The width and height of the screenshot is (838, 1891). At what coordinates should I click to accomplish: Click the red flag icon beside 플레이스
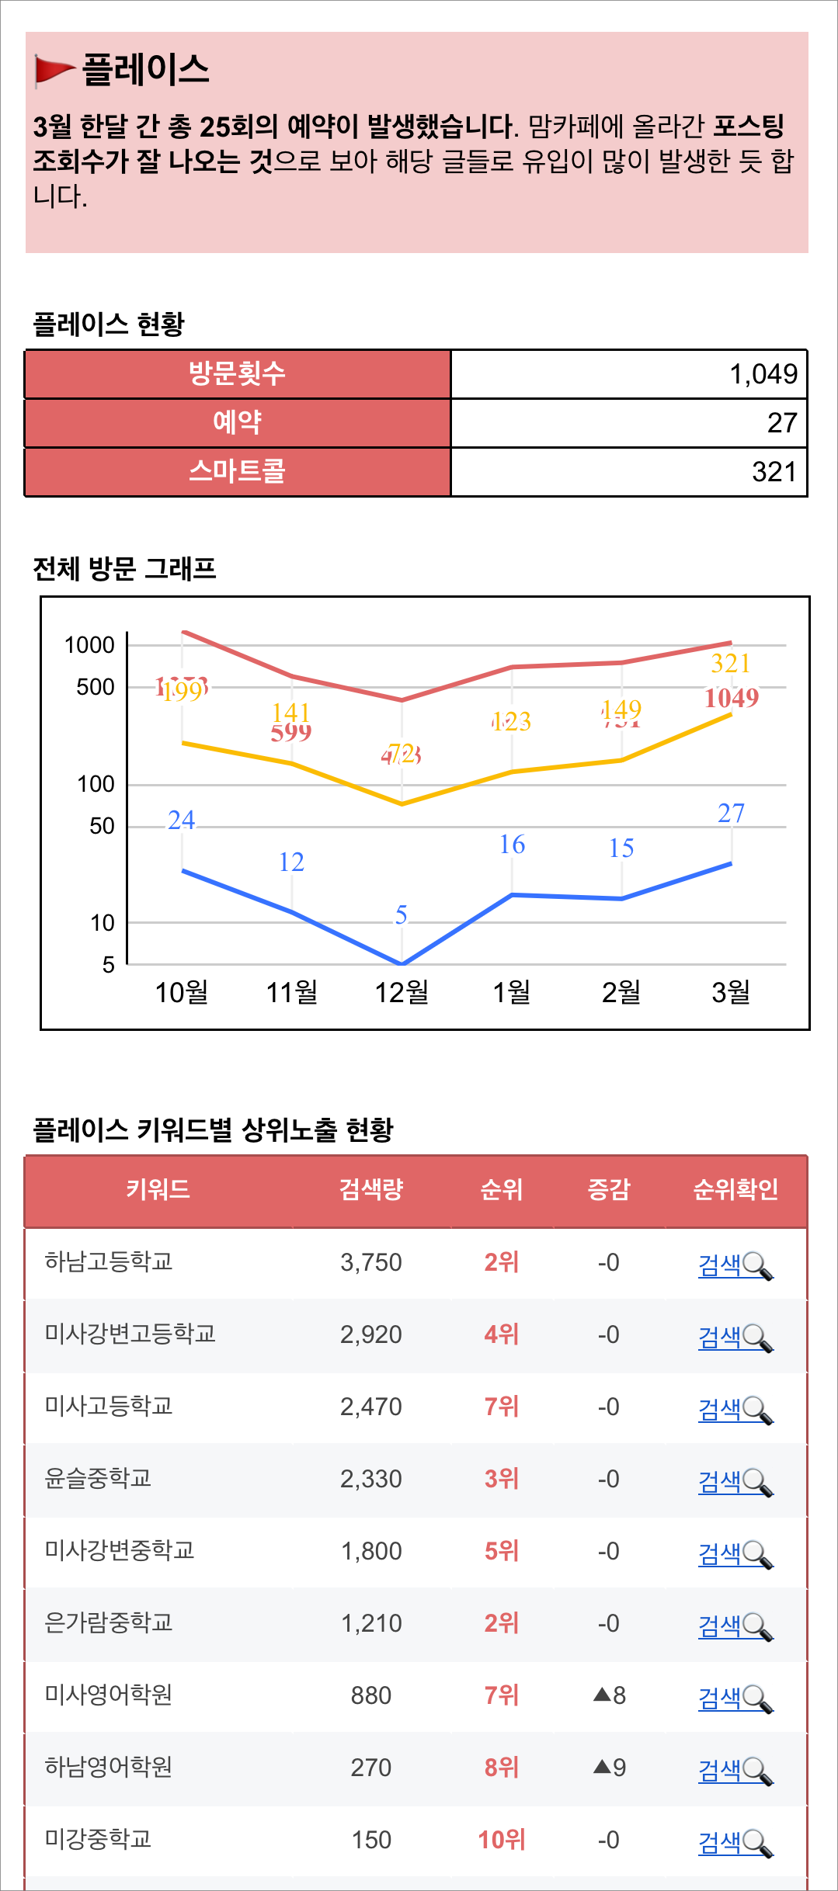coord(54,70)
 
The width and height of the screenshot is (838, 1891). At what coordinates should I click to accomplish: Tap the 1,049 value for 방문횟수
coord(763,374)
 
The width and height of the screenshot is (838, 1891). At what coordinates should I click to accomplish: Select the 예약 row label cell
coord(238,423)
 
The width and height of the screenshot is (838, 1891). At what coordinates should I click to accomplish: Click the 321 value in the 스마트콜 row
coord(774,472)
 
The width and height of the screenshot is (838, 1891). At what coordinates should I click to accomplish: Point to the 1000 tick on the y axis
coord(89,645)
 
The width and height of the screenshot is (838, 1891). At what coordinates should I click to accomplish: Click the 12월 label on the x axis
coord(402,992)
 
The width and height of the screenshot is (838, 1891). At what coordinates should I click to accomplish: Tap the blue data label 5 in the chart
coord(402,914)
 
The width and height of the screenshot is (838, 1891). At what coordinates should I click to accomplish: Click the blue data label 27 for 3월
coord(731,813)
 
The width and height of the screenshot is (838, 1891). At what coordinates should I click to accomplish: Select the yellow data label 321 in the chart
coord(730,663)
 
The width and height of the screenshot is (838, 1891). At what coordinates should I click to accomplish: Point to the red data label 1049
coord(731,698)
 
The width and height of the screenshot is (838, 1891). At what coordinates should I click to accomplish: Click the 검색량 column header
coord(370,1189)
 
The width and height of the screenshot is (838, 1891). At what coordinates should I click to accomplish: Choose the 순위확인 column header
coord(735,1189)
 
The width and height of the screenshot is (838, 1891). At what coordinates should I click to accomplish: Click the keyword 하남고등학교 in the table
coord(109,1261)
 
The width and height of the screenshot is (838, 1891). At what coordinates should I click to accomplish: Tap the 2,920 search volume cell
coord(370,1334)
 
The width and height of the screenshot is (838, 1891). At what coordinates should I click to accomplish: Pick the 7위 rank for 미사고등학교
coord(501,1407)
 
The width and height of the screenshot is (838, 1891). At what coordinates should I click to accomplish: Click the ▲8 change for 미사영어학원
coord(610,1695)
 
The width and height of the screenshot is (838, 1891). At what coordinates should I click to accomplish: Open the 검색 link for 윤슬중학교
coord(719,1481)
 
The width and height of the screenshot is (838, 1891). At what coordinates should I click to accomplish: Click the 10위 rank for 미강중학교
coord(501,1840)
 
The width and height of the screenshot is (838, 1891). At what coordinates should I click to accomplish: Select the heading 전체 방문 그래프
coord(124,569)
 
